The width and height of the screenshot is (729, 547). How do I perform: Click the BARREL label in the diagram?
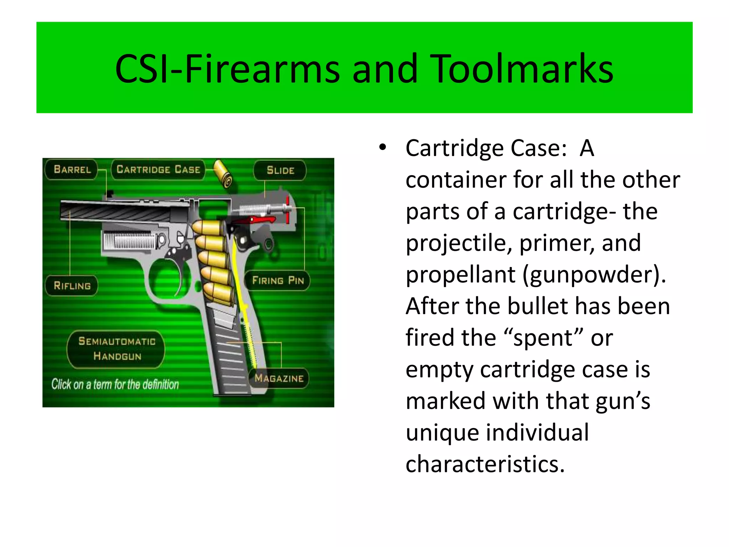pyautogui.click(x=72, y=169)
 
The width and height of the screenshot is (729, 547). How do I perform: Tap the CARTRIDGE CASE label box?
pyautogui.click(x=158, y=169)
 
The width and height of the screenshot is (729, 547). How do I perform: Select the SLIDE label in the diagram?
pyautogui.click(x=280, y=170)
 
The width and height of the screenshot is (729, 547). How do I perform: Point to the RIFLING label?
pyautogui.click(x=72, y=286)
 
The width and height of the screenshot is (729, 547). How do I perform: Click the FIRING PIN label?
pyautogui.click(x=278, y=281)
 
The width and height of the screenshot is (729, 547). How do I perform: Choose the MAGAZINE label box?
pyautogui.click(x=279, y=378)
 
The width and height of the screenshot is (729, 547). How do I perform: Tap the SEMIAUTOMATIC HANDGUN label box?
pyautogui.click(x=117, y=349)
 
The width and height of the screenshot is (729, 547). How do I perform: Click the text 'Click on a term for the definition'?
pyautogui.click(x=115, y=385)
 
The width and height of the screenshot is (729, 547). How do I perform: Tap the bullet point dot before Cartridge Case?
pyautogui.click(x=382, y=147)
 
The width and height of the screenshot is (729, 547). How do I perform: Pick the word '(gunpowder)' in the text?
pyautogui.click(x=594, y=275)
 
